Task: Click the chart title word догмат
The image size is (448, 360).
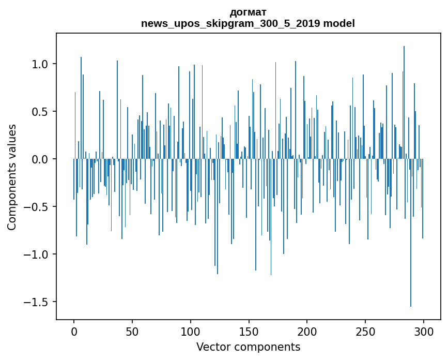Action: (248, 12)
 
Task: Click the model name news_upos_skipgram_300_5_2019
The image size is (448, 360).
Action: (230, 23)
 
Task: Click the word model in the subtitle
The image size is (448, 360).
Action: (339, 23)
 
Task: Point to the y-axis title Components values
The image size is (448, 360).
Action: (12, 177)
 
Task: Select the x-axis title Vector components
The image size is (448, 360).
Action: (248, 347)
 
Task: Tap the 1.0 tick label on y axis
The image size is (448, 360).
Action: (39, 64)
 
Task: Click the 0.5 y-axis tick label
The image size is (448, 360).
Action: (39, 112)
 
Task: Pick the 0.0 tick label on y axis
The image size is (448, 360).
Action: (39, 159)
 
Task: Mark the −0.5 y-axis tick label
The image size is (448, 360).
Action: (36, 207)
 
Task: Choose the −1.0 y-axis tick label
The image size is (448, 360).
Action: (36, 254)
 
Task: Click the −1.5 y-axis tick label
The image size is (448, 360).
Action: (36, 302)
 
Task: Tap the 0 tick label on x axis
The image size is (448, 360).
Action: (74, 332)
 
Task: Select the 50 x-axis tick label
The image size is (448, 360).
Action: (132, 332)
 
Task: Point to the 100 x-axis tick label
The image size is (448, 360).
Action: (190, 332)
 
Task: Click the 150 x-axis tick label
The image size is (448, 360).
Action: (249, 332)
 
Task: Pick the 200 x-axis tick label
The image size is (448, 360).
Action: (307, 332)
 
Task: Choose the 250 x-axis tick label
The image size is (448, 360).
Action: (365, 332)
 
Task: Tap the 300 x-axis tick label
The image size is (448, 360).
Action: (423, 332)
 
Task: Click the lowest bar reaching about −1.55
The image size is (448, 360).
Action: (411, 233)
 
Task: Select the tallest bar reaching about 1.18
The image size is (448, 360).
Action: (404, 102)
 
